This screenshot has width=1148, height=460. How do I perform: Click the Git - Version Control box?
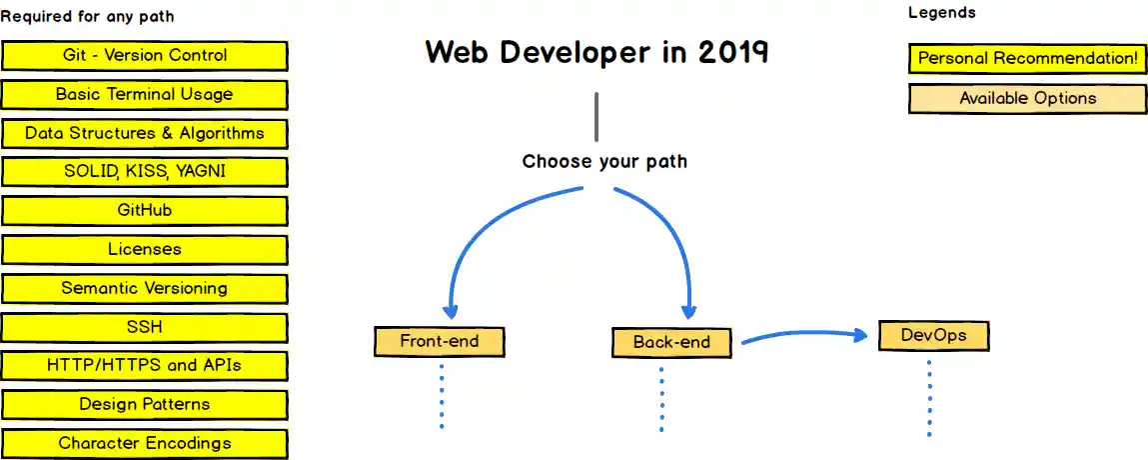[x=145, y=56]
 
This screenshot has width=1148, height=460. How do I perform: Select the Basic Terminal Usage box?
[x=145, y=95]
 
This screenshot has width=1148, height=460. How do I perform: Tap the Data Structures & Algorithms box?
[x=145, y=133]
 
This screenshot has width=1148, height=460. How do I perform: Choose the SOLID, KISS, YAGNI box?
[x=145, y=172]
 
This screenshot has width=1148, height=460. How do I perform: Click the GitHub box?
[x=145, y=211]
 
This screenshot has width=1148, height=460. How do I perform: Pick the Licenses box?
[x=145, y=249]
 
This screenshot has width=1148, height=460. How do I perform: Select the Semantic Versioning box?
[x=145, y=288]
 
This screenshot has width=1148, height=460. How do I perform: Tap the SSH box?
[x=145, y=327]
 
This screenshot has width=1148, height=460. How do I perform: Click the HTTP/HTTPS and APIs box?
[x=145, y=366]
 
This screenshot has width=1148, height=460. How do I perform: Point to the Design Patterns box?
[x=145, y=405]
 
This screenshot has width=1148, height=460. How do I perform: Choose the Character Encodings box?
[x=145, y=443]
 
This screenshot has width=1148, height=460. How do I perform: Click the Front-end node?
[x=440, y=342]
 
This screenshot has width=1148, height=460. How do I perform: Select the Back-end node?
[x=671, y=343]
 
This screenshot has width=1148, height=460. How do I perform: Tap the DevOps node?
[x=933, y=336]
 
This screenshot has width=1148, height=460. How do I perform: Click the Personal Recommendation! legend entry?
[x=1027, y=59]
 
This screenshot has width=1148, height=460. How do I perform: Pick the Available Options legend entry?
[x=1027, y=99]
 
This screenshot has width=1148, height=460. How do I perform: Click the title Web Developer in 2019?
[x=596, y=52]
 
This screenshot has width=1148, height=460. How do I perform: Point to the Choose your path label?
[x=604, y=161]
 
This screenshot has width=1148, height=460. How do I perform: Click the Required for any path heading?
[x=87, y=17]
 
